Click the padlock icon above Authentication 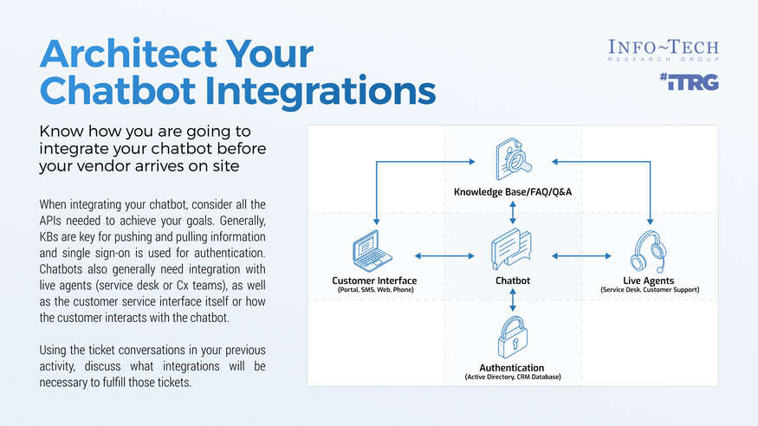[x=514, y=338]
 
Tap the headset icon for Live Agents [x=649, y=251]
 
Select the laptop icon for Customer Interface [x=373, y=252]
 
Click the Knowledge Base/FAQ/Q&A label [x=513, y=190]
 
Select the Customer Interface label [x=374, y=281]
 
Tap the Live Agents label [x=649, y=281]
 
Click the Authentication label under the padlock [x=513, y=368]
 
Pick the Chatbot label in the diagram [x=513, y=281]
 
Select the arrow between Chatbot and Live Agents [x=581, y=255]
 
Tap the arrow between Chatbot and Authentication [x=514, y=300]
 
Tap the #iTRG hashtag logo [x=688, y=83]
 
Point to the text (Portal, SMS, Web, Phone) [x=374, y=290]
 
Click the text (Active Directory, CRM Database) [x=513, y=378]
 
